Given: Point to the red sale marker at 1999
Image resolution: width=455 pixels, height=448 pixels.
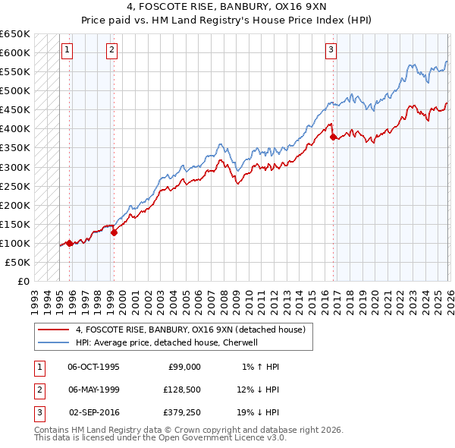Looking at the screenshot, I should (x=115, y=232).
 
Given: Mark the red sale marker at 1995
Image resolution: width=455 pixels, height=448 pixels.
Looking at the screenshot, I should (x=69, y=243).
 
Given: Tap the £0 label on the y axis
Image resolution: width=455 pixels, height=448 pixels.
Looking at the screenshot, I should (x=24, y=281).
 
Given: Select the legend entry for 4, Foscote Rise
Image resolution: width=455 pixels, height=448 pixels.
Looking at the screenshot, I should (x=190, y=330).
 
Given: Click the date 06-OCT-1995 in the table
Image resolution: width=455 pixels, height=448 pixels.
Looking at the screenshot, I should (x=93, y=366).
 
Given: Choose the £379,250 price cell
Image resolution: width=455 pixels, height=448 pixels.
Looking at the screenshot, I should (x=181, y=412).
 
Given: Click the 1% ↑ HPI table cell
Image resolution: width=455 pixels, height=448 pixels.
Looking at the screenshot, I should (x=261, y=366).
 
